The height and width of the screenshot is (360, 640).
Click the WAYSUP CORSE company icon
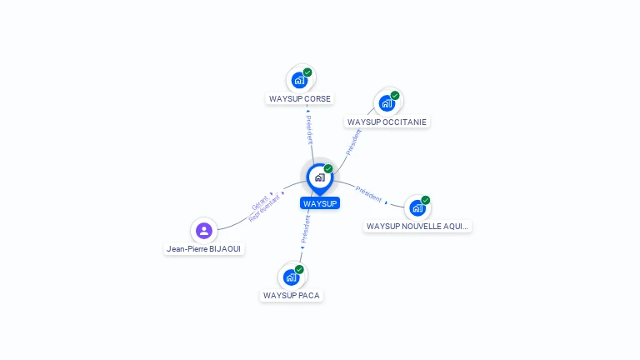coord(299,80)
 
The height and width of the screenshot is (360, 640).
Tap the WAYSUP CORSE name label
coord(299,98)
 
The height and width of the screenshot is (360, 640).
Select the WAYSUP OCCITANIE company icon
coord(387,102)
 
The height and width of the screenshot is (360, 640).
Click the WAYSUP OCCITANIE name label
coord(387,122)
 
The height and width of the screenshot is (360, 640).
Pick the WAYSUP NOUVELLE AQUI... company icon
coord(417,207)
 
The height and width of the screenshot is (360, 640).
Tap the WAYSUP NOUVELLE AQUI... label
coord(417,226)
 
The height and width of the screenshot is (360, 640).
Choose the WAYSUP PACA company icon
coord(291,277)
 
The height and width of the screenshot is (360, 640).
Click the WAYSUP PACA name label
coord(292,295)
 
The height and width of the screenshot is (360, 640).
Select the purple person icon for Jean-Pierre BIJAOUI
coord(204,230)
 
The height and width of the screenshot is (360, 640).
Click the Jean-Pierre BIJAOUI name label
coord(205,248)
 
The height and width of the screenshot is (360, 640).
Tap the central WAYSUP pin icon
coord(319,177)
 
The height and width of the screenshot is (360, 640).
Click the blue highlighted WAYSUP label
coord(320,203)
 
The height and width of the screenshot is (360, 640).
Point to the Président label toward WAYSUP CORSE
coord(309,129)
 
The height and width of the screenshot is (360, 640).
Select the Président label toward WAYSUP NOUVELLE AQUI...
coord(368,194)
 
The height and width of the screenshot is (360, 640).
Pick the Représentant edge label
coord(265,209)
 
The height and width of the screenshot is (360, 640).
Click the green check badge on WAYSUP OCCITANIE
coord(395,95)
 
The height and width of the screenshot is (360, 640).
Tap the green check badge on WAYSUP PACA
coord(299,269)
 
